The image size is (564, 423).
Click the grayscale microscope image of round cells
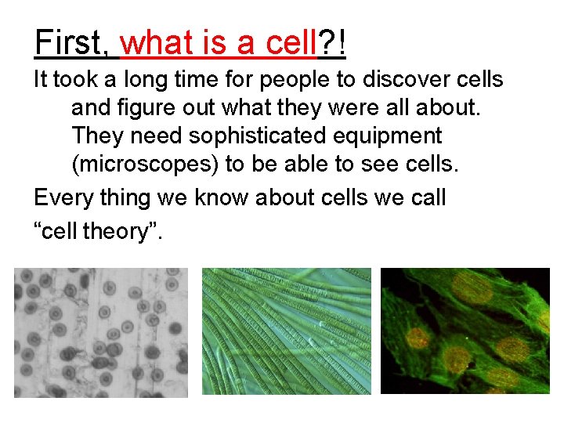click(x=101, y=332)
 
